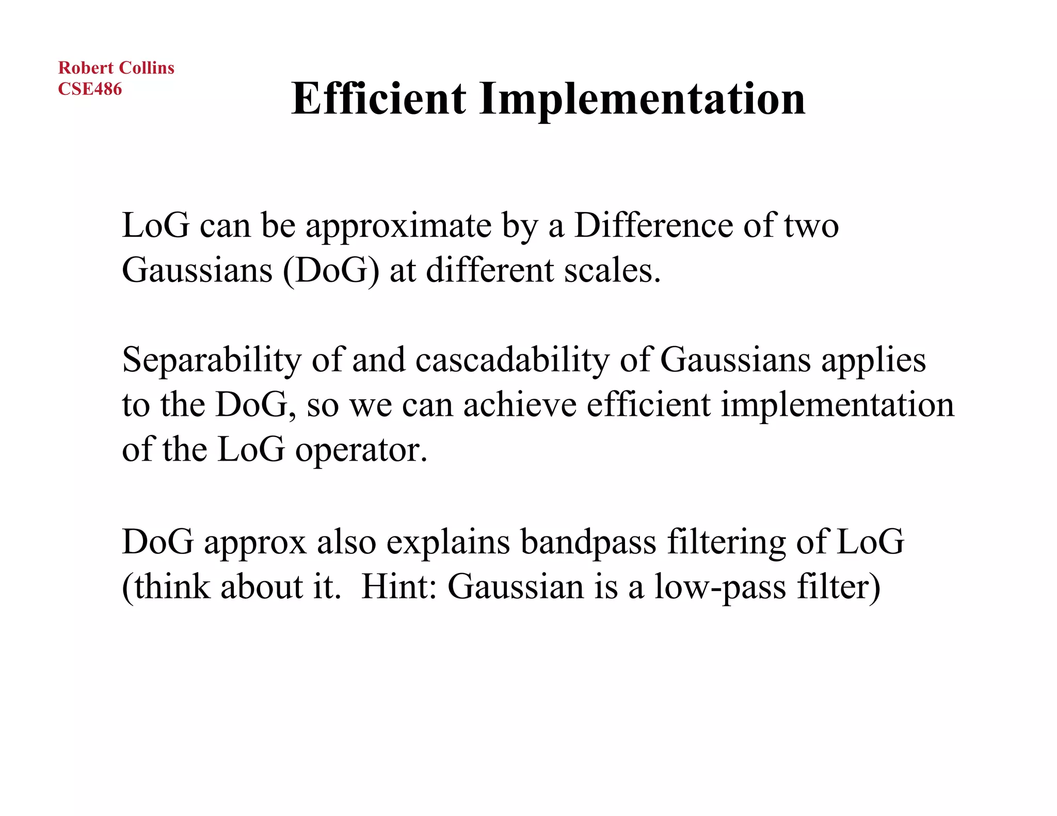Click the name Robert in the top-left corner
pos(86,68)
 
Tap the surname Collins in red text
pos(147,68)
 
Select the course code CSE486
pos(90,89)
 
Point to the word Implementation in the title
pos(642,100)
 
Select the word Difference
pos(653,225)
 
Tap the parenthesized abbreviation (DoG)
pos(331,270)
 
